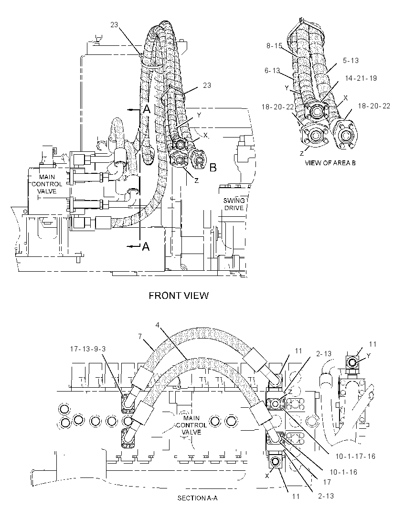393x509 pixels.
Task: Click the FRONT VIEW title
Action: pos(179,296)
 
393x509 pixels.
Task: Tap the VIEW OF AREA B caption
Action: pos(330,163)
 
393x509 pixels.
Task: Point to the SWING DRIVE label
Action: pos(234,204)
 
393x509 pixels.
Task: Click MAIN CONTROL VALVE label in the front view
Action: pos(47,184)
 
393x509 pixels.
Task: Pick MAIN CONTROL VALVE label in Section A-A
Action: pos(191,425)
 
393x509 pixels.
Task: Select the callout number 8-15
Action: pos(274,46)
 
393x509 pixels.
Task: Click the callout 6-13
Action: pos(272,71)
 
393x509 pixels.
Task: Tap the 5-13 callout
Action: pos(351,60)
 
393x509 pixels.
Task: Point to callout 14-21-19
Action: pos(361,78)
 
